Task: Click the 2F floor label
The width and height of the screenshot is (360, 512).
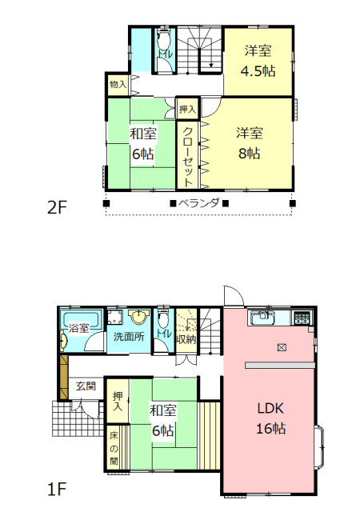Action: tap(57, 207)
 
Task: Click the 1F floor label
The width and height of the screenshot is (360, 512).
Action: tap(57, 489)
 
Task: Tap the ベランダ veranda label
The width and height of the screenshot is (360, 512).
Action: tap(198, 203)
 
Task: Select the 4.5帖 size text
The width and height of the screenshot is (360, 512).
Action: tap(258, 71)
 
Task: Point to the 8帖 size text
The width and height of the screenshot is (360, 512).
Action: tap(250, 153)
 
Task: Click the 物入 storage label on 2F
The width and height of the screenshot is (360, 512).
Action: tap(118, 85)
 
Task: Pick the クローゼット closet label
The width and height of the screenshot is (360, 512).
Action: tap(187, 156)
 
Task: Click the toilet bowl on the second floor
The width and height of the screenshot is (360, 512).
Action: tap(162, 39)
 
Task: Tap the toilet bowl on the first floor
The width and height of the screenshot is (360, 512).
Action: tap(162, 318)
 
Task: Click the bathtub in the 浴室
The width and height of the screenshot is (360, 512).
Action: tap(81, 320)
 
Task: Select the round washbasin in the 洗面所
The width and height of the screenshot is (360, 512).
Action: tap(139, 316)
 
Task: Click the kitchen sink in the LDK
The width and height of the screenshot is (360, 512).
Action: tap(262, 318)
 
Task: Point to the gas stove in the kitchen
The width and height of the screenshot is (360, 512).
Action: tap(303, 318)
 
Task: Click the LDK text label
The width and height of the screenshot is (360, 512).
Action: tap(270, 408)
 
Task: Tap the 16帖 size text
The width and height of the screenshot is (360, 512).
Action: tap(271, 428)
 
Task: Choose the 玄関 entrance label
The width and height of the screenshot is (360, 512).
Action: tap(86, 386)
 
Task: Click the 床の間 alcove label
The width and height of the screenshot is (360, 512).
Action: tap(114, 448)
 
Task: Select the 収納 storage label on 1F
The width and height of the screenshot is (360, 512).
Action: tap(186, 339)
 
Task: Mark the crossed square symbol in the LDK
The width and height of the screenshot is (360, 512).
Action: tap(282, 347)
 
